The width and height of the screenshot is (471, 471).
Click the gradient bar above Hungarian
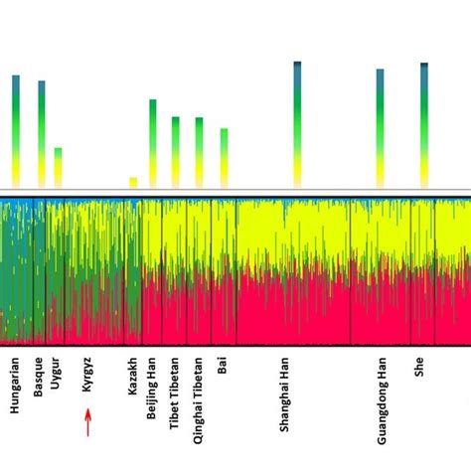(x=16, y=130)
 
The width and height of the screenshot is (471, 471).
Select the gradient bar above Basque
(x=42, y=133)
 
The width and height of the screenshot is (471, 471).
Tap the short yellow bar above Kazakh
(x=133, y=182)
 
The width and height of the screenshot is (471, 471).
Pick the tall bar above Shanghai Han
(x=297, y=124)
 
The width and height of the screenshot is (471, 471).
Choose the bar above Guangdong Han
(x=380, y=127)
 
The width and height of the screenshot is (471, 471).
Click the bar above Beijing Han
(x=153, y=142)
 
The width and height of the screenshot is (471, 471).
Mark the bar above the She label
(x=424, y=124)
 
